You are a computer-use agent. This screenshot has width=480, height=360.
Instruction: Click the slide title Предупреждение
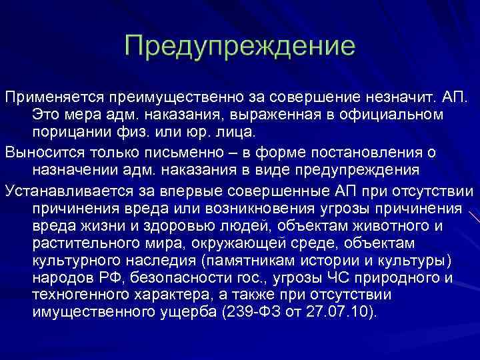(x=239, y=47)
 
